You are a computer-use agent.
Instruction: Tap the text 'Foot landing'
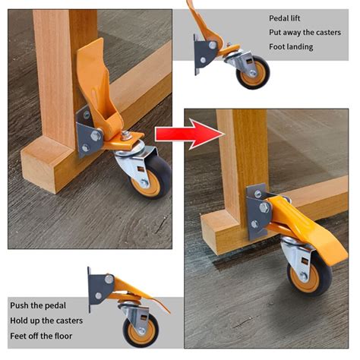coord(291,47)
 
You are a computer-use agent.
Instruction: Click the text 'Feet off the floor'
coord(43,336)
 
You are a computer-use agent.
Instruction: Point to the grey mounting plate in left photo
coord(85,133)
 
